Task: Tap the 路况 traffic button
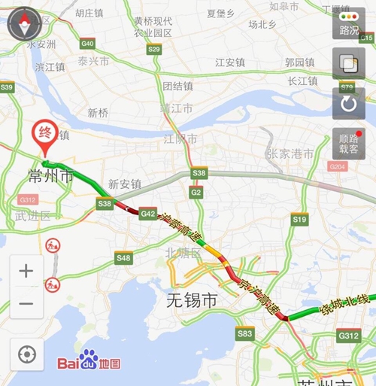pos(349,24)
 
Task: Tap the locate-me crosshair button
pos(26,353)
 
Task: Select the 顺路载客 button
pos(349,144)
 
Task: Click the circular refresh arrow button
pos(349,104)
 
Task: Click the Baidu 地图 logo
pos(89,362)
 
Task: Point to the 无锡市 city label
pos(192,301)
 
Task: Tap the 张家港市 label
pos(290,153)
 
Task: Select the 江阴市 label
pos(181,139)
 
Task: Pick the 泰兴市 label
pos(93,62)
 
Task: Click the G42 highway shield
pos(148,214)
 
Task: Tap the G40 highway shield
pos(87,44)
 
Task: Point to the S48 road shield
pos(123,258)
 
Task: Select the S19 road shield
pos(299,219)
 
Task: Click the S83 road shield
pos(244,333)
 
